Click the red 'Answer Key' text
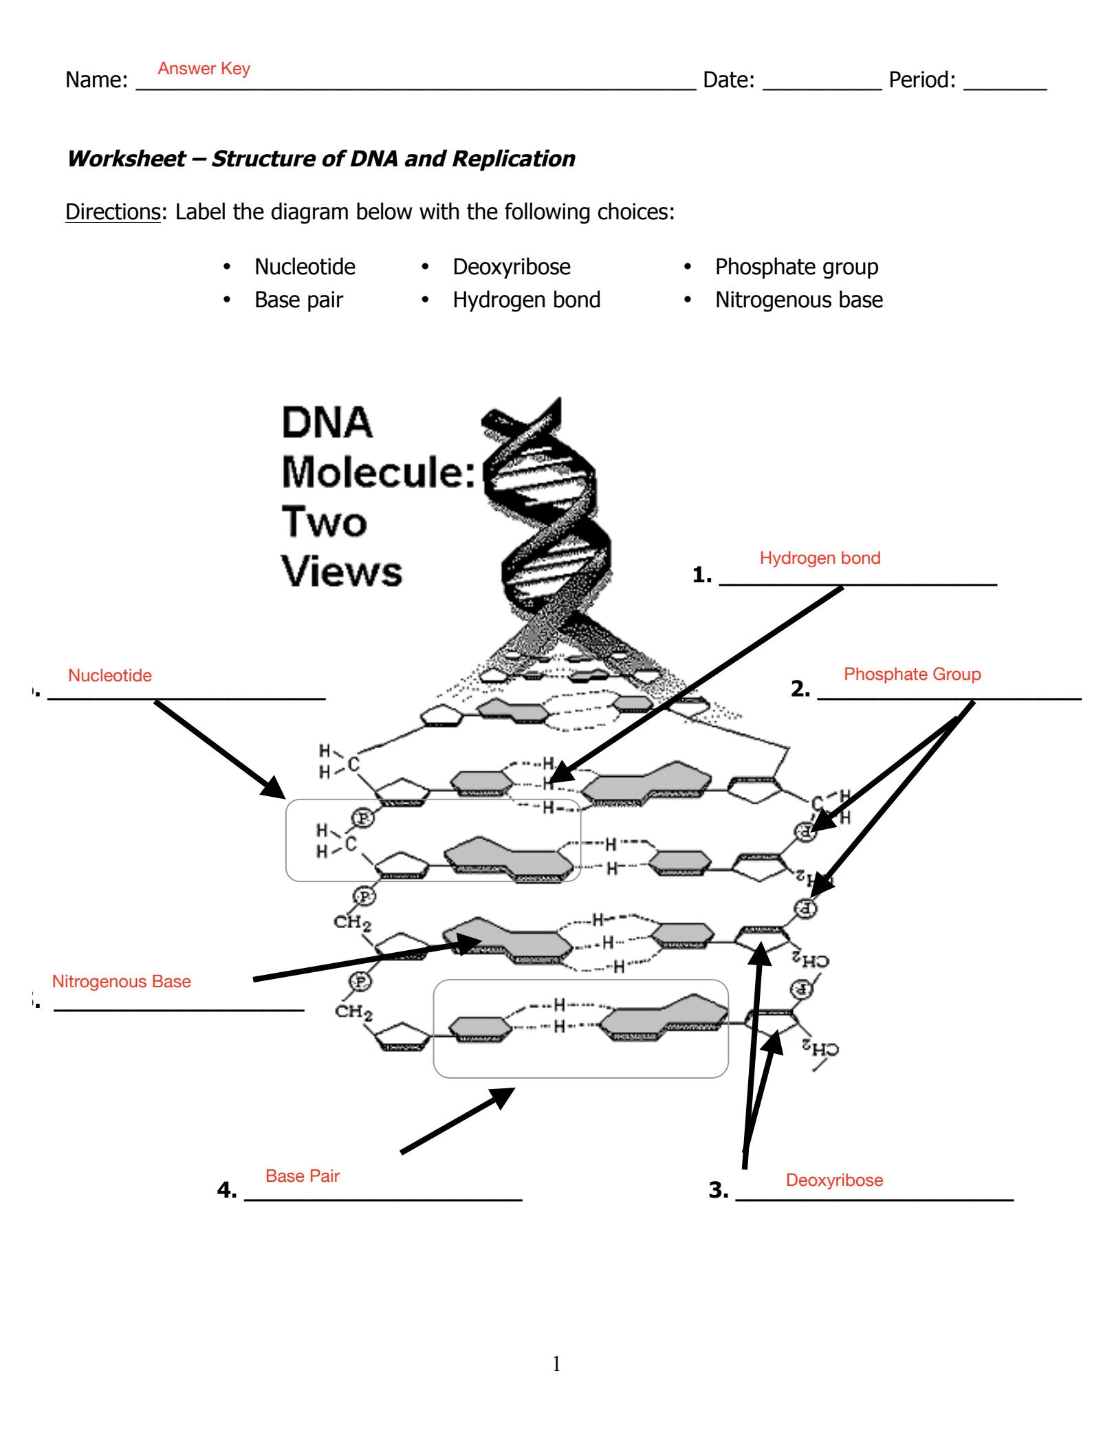coord(204,69)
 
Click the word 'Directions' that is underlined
coord(113,212)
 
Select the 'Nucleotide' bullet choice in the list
coord(305,267)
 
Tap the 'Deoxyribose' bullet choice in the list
coord(511,267)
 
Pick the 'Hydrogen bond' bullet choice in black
coord(526,300)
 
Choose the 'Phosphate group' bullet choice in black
coord(796,267)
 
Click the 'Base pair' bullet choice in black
coord(298,300)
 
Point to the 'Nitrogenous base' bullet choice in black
coord(798,300)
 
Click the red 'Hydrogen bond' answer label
coord(820,558)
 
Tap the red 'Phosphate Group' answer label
coord(912,674)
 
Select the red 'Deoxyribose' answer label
coord(834,1180)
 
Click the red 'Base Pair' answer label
coord(303,1176)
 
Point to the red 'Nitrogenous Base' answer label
coord(122,982)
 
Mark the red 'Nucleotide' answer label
coord(110,676)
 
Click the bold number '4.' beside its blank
coord(227,1190)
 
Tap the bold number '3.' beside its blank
coord(719,1190)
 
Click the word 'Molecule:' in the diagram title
coord(378,472)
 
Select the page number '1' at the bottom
coord(556,1365)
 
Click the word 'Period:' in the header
coord(921,80)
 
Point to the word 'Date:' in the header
coord(728,80)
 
